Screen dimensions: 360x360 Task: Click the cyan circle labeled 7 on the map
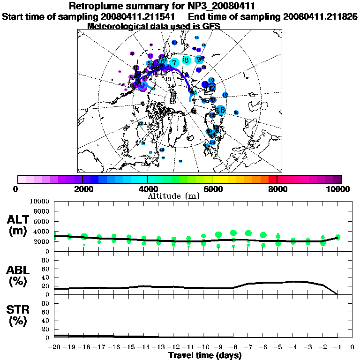174,62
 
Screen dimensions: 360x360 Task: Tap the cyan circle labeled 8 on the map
187,60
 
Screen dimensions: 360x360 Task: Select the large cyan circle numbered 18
220,110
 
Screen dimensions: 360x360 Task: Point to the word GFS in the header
212,26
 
